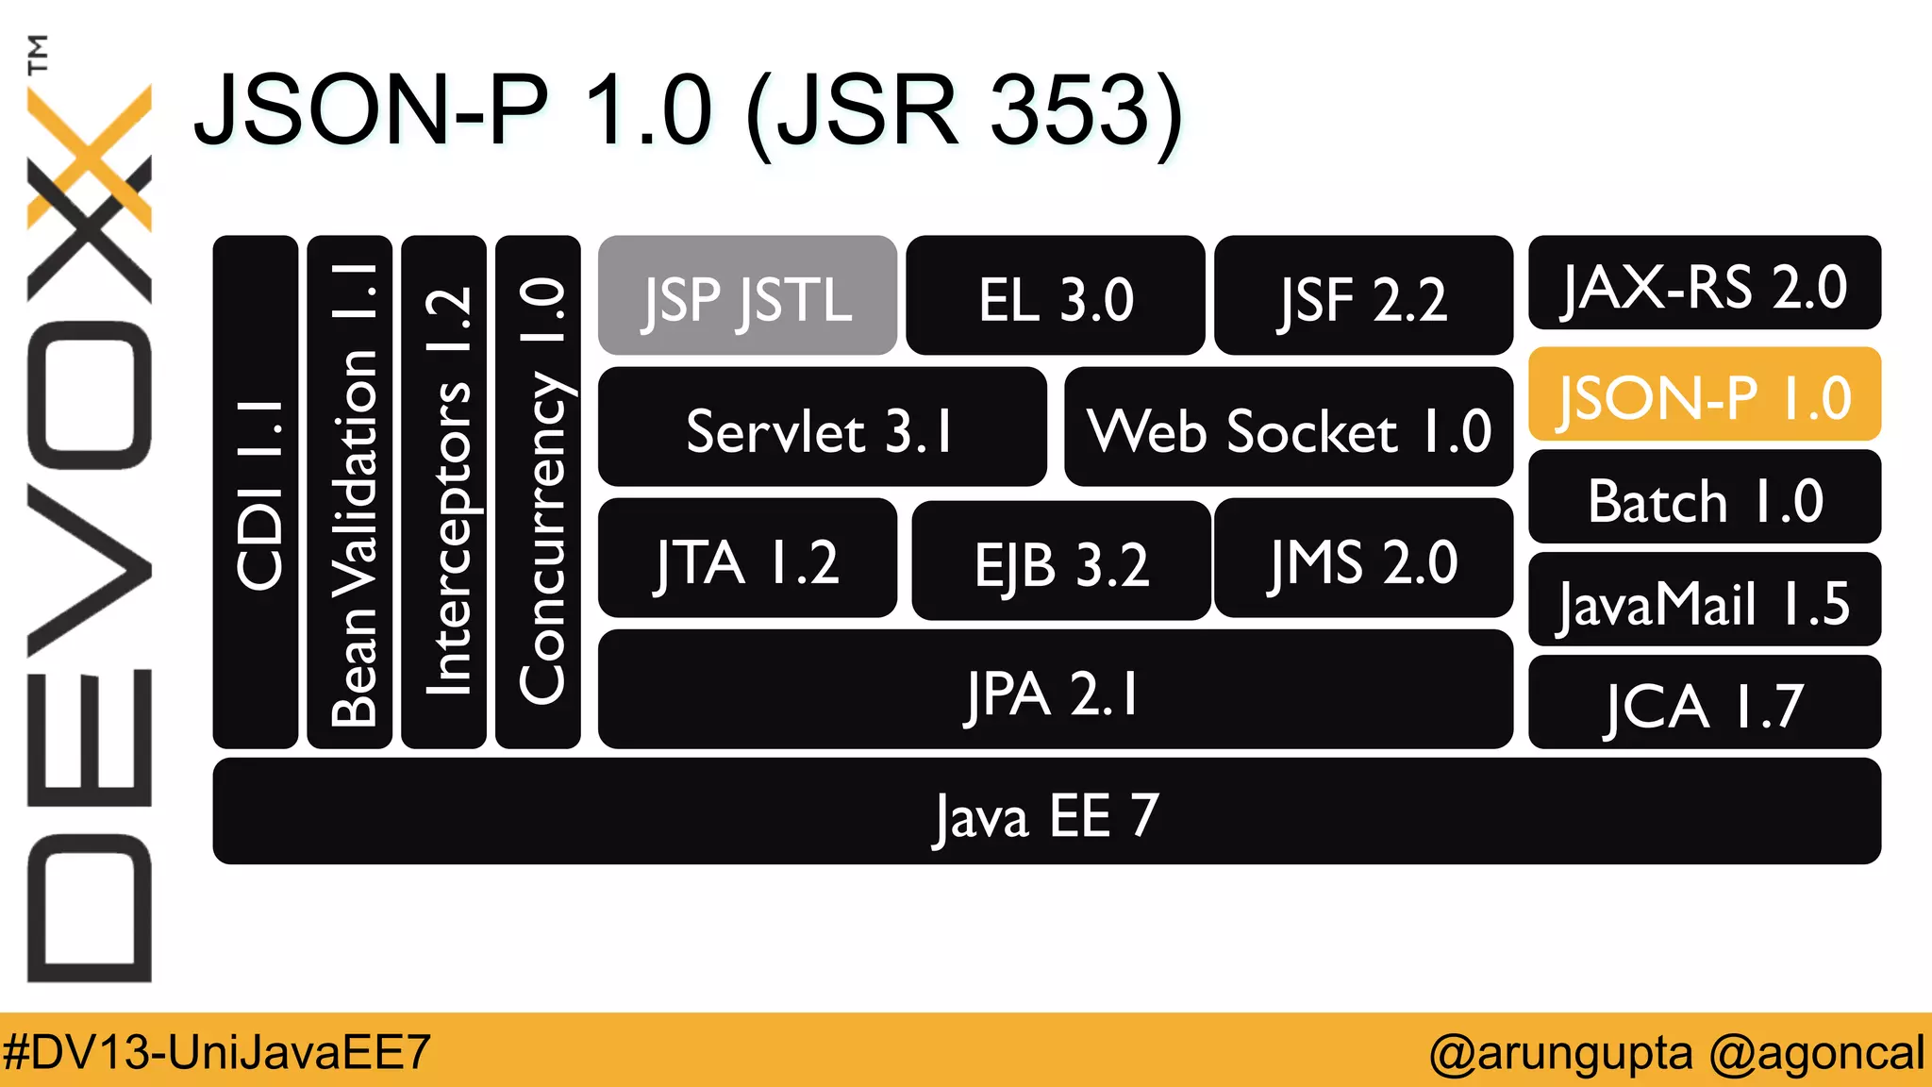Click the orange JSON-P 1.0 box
1704,394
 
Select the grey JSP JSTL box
747,296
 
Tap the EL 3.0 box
1055,296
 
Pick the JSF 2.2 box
1363,296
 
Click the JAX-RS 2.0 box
1704,283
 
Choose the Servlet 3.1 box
822,427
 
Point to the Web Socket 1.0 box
1288,427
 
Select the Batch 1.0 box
1704,497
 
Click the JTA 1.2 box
747,559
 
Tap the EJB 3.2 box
1060,560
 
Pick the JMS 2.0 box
1363,559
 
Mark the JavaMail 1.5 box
1704,600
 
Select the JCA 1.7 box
1704,703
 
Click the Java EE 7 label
1046,813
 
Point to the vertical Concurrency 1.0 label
540,491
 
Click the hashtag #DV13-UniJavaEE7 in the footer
217,1051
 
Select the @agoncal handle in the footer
1816,1051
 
